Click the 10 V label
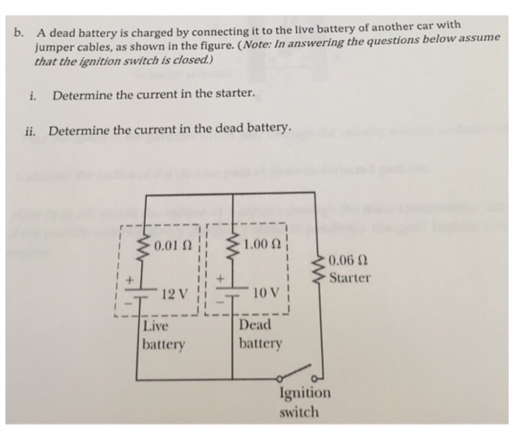pos(263,294)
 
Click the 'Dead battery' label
pos(259,334)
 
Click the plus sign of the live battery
pos(129,280)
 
